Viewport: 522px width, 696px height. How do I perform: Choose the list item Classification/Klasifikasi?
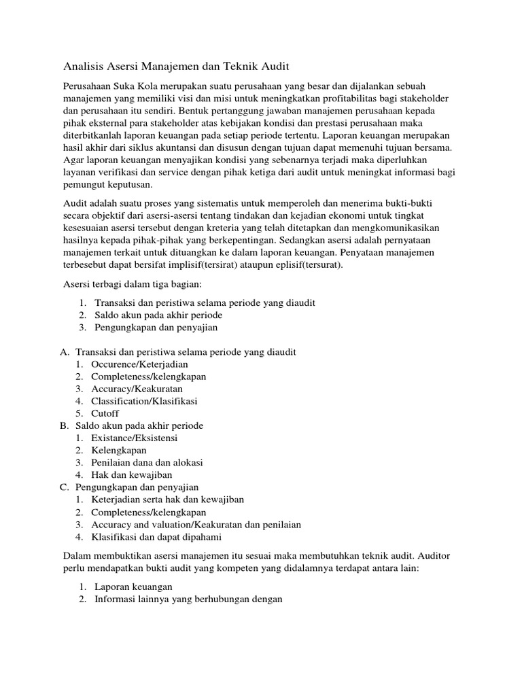point(143,401)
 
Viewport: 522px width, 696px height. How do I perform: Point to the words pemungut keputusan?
point(108,185)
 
